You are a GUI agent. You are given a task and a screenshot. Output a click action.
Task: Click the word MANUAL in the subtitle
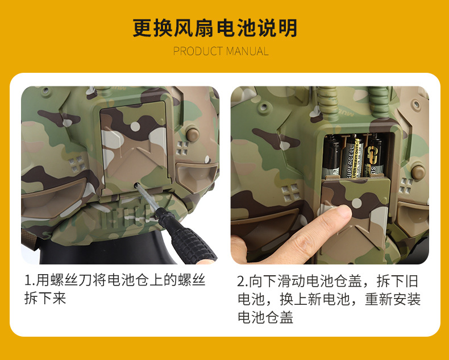[x=247, y=51]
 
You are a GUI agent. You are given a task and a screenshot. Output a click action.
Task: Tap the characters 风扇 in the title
[x=194, y=28]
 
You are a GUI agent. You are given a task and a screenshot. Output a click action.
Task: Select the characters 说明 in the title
[x=277, y=28]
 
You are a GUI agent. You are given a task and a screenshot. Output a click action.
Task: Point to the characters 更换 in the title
[x=152, y=28]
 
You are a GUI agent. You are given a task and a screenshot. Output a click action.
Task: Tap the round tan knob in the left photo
[x=193, y=134]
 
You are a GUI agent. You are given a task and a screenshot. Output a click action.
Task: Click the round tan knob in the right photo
[x=418, y=172]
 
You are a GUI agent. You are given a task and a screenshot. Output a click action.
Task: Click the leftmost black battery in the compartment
[x=331, y=157]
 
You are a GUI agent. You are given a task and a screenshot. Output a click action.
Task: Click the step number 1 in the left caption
[x=28, y=280]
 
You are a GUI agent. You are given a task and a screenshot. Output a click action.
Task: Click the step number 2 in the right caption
[x=241, y=282]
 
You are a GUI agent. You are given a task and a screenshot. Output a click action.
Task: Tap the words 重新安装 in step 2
[x=393, y=300]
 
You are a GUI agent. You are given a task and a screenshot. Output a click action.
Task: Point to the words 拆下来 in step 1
[x=45, y=299]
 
